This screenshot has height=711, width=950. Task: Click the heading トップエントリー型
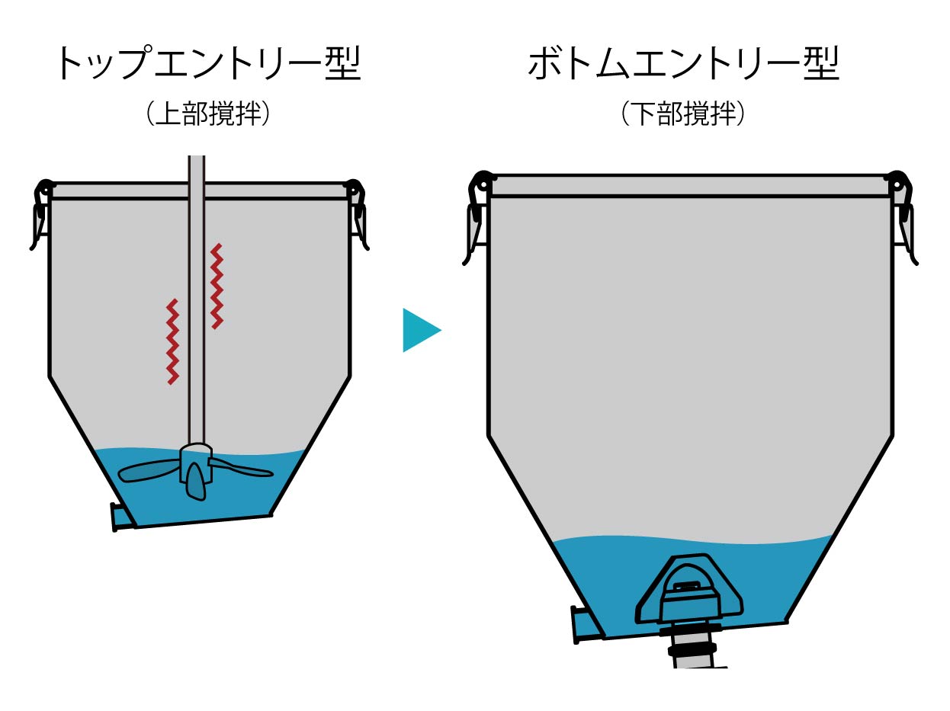point(207,65)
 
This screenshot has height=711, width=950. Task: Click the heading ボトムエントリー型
point(683,65)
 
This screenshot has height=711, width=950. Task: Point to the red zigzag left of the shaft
point(173,341)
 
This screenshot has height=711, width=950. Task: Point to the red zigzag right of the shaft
point(217,286)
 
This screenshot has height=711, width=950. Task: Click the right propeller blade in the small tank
point(242,468)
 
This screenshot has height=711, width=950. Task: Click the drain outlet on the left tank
point(120,516)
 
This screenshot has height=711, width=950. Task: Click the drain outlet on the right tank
point(584,624)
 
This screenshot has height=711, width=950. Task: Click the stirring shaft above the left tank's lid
point(196,168)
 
